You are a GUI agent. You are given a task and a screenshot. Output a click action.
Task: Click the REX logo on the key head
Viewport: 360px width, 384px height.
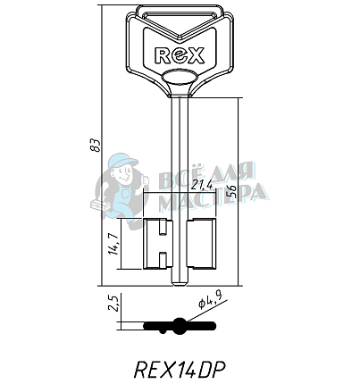coord(180,55)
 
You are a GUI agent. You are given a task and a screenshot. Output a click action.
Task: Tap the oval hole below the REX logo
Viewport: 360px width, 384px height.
coord(180,78)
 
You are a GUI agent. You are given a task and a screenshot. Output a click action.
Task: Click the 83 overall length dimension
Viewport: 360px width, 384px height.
coord(96,145)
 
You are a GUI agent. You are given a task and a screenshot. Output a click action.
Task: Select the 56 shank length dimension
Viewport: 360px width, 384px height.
coord(232,191)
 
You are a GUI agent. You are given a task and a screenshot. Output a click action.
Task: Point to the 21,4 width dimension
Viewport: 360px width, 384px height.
coord(202,185)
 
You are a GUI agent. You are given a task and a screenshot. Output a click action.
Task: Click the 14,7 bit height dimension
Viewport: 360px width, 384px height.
coord(113,244)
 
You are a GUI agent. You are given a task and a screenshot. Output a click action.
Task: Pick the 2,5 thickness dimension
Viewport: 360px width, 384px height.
coord(114,303)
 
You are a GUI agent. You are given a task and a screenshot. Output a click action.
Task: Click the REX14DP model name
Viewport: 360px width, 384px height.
coord(180,370)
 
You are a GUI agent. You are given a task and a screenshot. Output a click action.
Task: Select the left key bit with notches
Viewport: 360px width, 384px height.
coord(158,244)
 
